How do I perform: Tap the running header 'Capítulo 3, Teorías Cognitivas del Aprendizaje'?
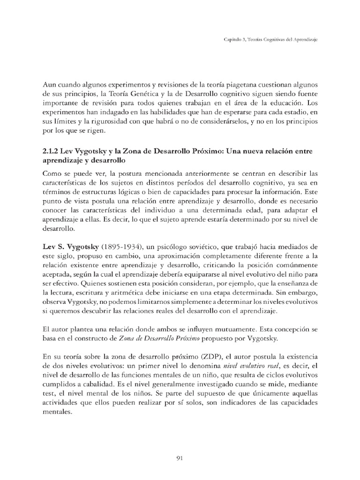tap(270, 41)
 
